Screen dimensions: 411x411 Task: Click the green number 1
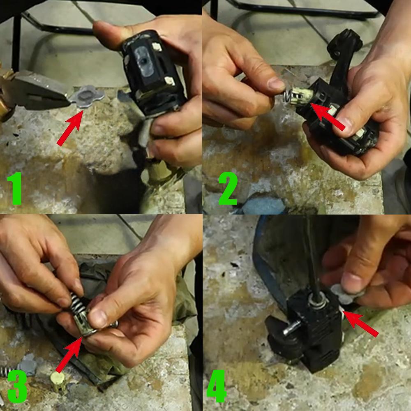(15, 188)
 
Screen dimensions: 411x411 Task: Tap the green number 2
(228, 188)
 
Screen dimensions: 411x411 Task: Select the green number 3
(17, 386)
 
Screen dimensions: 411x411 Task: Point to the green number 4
(217, 386)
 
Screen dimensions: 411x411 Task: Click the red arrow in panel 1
(70, 128)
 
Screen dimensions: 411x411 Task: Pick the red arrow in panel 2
(328, 116)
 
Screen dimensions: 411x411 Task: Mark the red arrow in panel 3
(69, 355)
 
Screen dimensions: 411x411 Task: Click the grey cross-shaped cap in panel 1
(86, 97)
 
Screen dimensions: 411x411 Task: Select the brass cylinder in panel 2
(301, 95)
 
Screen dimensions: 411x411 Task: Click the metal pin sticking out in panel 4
(291, 328)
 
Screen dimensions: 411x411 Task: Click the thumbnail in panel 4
(351, 282)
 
